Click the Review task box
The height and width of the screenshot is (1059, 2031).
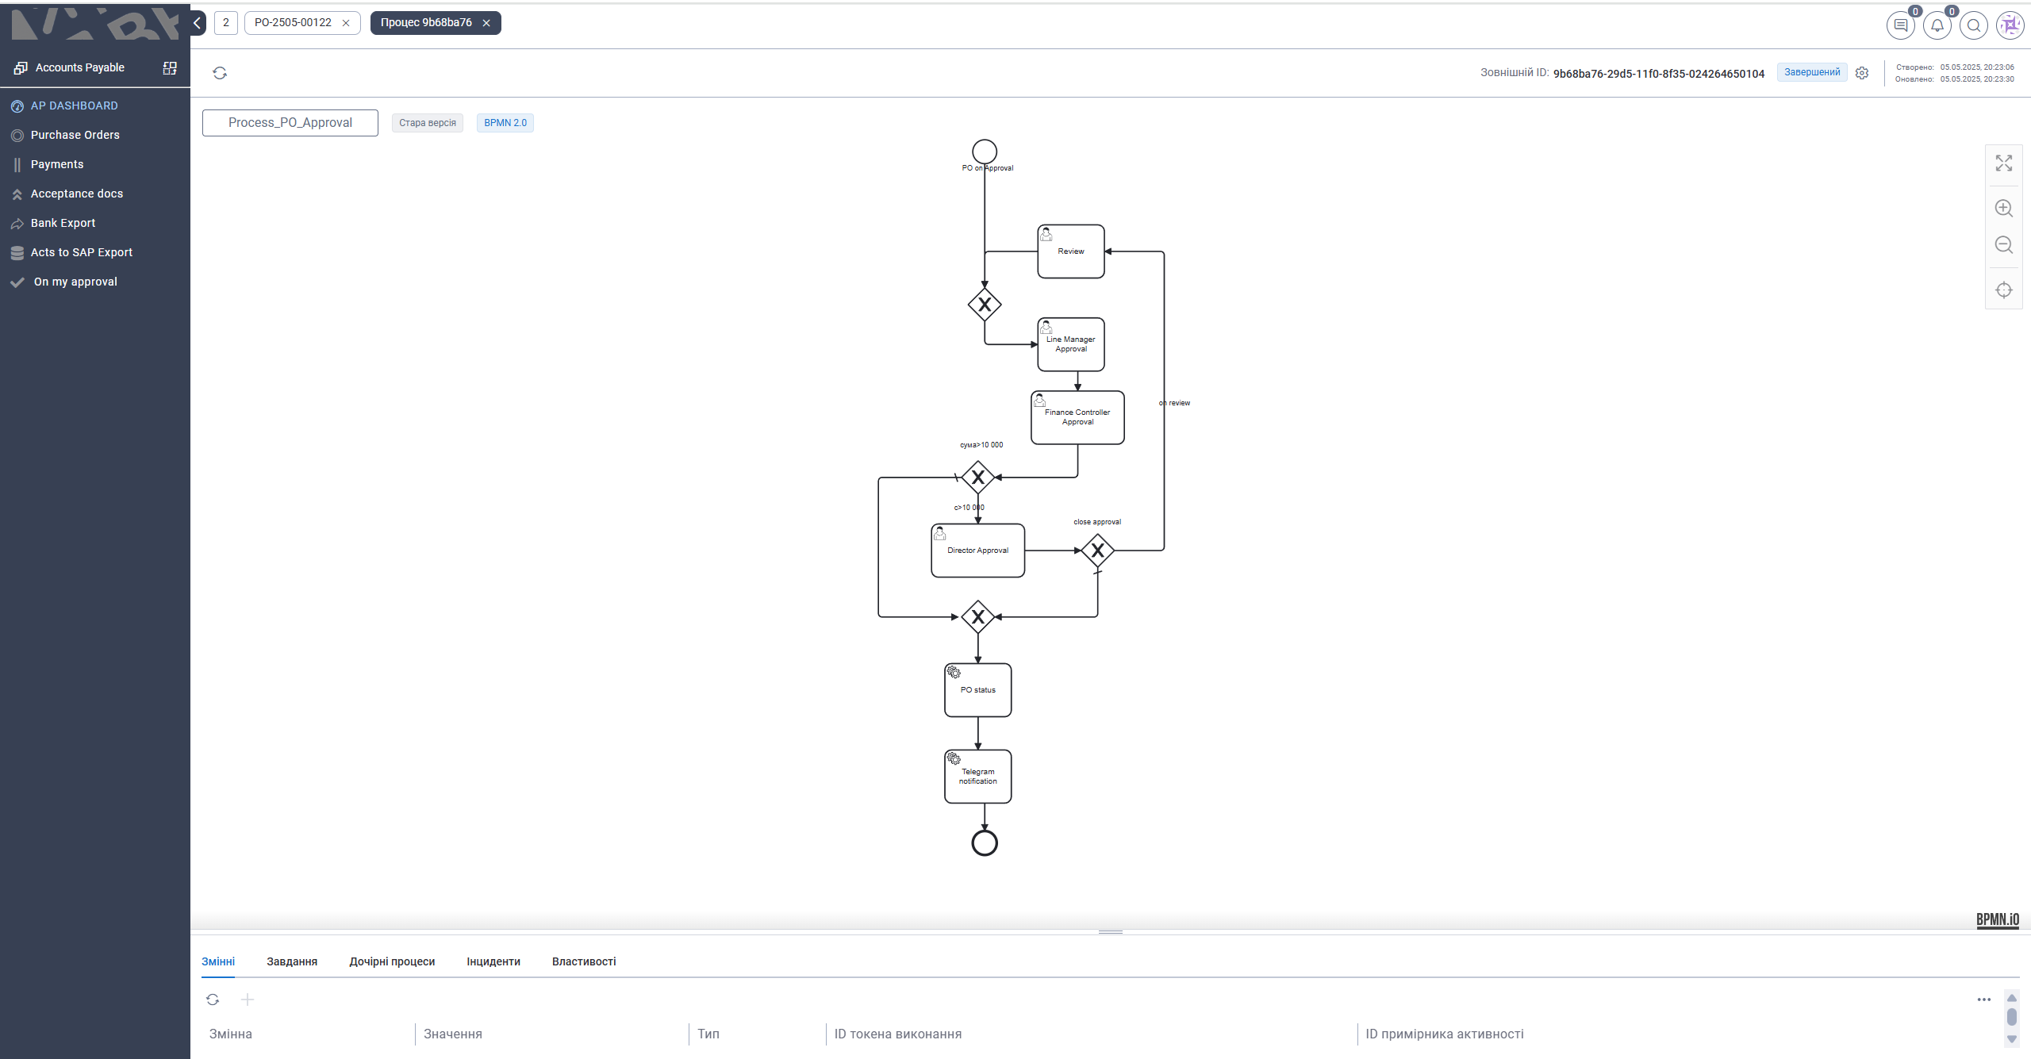pyautogui.click(x=1070, y=251)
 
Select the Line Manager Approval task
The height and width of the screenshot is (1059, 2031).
pyautogui.click(x=1070, y=344)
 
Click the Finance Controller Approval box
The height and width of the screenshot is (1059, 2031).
pyautogui.click(x=1077, y=417)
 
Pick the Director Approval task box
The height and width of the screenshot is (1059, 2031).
pyautogui.click(x=977, y=551)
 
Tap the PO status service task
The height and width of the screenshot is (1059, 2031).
pyautogui.click(x=977, y=690)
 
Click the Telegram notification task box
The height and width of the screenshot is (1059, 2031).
pyautogui.click(x=977, y=777)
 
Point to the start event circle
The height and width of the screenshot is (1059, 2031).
pyautogui.click(x=984, y=151)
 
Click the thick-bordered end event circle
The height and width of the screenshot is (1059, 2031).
pyautogui.click(x=984, y=842)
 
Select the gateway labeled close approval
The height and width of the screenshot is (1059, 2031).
pyautogui.click(x=1097, y=550)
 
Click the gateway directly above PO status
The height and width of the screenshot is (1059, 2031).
pyautogui.click(x=977, y=616)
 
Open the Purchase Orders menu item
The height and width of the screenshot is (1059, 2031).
pyautogui.click(x=75, y=135)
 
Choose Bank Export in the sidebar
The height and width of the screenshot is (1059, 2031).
pyautogui.click(x=63, y=223)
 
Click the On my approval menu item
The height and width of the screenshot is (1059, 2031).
pyautogui.click(x=75, y=282)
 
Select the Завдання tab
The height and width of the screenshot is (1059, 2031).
pyautogui.click(x=292, y=961)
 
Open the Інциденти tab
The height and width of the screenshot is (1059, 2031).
pyautogui.click(x=493, y=961)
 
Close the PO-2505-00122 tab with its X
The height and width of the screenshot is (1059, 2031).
pyautogui.click(x=346, y=23)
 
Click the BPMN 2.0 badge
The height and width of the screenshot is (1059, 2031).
pyautogui.click(x=505, y=123)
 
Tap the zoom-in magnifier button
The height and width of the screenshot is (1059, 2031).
pyautogui.click(x=2003, y=208)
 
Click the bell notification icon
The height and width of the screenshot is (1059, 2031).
pyautogui.click(x=1937, y=25)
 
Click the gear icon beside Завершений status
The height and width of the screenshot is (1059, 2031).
pyautogui.click(x=1862, y=73)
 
